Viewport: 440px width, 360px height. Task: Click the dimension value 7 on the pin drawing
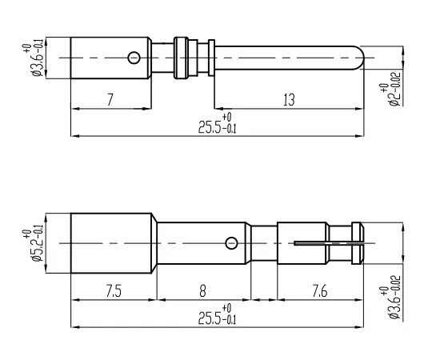109,100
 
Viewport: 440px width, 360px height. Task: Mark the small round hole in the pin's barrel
134,57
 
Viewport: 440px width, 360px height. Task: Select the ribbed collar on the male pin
185,58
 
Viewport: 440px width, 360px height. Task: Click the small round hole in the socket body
231,242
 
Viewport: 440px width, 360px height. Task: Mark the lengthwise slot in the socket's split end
328,242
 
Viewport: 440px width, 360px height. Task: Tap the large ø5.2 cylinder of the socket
112,242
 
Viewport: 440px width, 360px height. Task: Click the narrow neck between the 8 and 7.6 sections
264,242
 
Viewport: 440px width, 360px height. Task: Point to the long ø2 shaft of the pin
288,58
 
